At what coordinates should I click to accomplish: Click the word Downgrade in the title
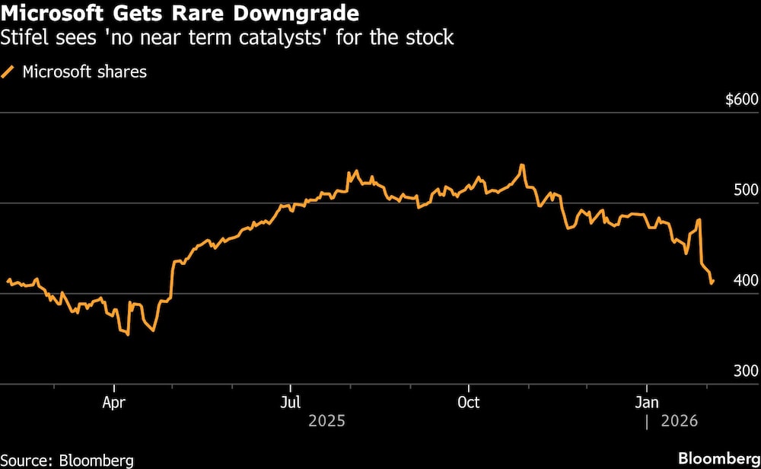point(295,13)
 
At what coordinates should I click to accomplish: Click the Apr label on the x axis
point(113,402)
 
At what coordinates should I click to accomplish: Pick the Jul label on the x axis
point(290,402)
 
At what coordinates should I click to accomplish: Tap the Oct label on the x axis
point(469,402)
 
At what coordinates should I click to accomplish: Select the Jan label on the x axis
point(647,402)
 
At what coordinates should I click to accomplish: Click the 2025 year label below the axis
point(326,421)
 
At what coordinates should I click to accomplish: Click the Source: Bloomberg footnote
point(67,459)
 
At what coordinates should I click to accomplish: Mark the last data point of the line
point(712,282)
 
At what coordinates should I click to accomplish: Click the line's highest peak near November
point(522,165)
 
